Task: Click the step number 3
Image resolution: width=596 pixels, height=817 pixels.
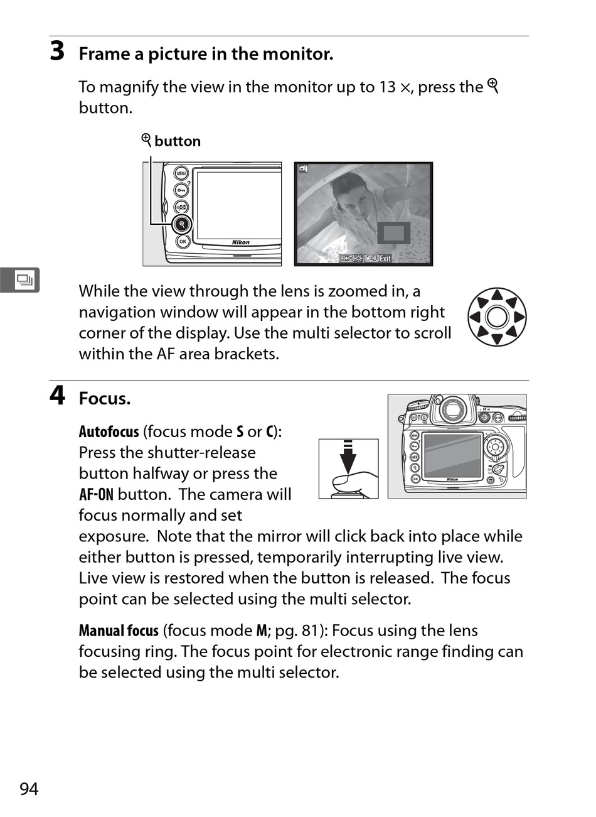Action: coord(57,51)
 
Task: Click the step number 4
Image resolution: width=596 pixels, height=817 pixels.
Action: coord(57,396)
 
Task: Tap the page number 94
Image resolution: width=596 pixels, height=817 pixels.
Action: coord(29,789)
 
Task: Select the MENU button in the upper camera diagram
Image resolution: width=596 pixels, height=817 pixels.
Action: coord(181,174)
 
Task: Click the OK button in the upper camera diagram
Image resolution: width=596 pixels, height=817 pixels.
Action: coord(183,241)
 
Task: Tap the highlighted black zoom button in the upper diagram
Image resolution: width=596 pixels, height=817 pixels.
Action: coord(182,224)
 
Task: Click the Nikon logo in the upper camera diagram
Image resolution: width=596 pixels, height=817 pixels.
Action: coord(240,242)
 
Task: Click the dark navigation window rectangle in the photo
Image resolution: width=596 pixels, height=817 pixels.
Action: coord(393,234)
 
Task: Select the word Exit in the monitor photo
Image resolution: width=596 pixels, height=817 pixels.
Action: coord(385,258)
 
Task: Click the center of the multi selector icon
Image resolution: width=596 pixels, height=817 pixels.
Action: coord(497,317)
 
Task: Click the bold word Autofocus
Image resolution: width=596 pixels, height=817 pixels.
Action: coord(109,432)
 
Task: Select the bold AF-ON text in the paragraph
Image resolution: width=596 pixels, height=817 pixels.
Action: coord(96,495)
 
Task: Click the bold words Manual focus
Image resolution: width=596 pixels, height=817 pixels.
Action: coord(119,631)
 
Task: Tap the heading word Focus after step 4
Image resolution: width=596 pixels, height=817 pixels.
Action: coord(104,399)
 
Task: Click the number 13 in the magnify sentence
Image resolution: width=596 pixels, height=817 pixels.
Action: coord(387,87)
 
